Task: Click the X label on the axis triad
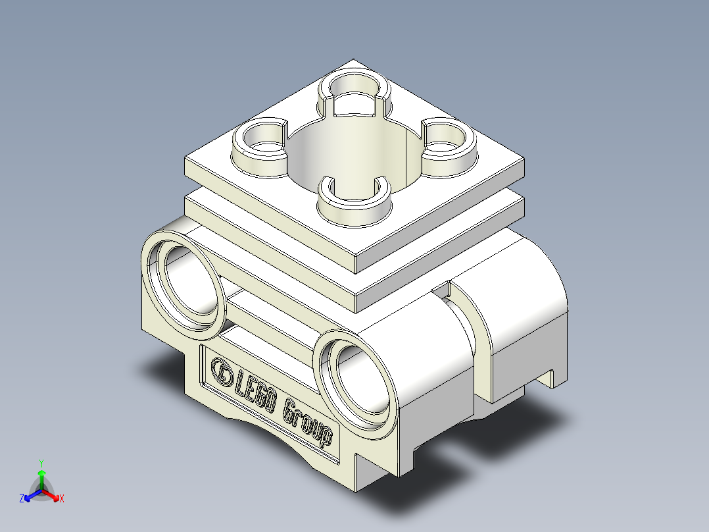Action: pyautogui.click(x=61, y=499)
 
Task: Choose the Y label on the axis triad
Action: pyautogui.click(x=41, y=463)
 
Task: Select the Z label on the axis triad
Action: pyautogui.click(x=22, y=499)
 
